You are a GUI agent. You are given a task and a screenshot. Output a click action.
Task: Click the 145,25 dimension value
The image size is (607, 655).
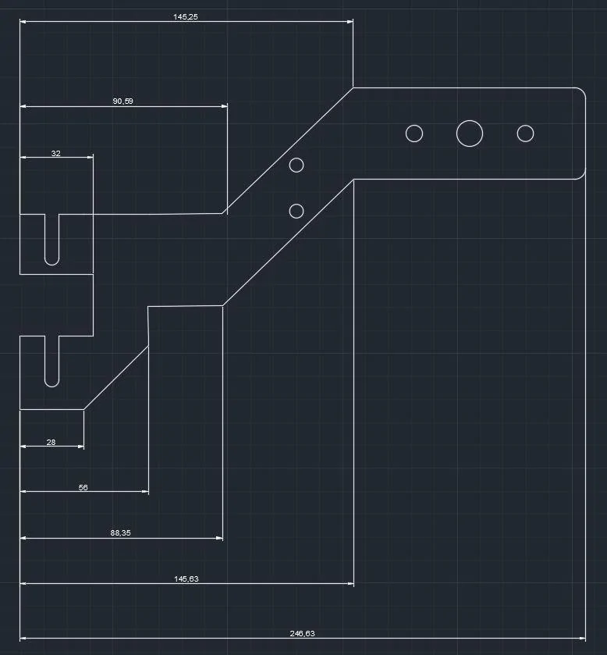(186, 16)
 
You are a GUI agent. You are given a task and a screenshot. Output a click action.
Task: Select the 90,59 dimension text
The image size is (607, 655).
(122, 101)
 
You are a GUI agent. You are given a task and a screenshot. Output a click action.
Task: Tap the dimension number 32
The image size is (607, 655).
(56, 153)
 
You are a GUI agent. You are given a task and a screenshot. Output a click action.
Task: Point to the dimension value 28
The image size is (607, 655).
(51, 442)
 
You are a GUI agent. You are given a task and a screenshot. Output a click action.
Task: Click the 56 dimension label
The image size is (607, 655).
(83, 487)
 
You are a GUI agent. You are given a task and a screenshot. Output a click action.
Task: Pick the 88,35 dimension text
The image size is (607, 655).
(121, 532)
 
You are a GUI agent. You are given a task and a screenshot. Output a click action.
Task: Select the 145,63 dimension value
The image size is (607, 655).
(186, 578)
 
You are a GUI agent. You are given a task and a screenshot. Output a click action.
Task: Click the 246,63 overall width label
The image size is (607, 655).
(302, 633)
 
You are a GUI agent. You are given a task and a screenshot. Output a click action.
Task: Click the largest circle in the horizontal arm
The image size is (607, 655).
(470, 120)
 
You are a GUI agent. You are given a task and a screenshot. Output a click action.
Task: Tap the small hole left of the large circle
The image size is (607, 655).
(414, 126)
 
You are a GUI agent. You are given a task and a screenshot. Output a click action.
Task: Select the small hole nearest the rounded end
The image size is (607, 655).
(525, 126)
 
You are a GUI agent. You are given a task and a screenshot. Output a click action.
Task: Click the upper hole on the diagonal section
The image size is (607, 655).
(296, 158)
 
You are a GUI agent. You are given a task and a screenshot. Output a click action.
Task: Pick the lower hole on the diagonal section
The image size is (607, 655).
(296, 204)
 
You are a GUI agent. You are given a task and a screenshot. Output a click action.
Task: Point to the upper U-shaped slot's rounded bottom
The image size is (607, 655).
(51, 265)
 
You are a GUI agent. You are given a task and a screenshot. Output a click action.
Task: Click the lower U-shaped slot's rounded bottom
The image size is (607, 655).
(51, 386)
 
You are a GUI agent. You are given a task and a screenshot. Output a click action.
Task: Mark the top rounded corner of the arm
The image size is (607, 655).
(583, 91)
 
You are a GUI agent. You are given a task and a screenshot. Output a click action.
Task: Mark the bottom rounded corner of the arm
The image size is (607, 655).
(583, 176)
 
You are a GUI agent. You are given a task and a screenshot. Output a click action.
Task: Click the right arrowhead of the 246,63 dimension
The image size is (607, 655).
(582, 639)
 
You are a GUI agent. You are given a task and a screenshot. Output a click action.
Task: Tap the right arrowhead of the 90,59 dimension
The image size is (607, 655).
(224, 106)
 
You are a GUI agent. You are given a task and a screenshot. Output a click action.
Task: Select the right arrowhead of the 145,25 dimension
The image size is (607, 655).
(350, 21)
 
